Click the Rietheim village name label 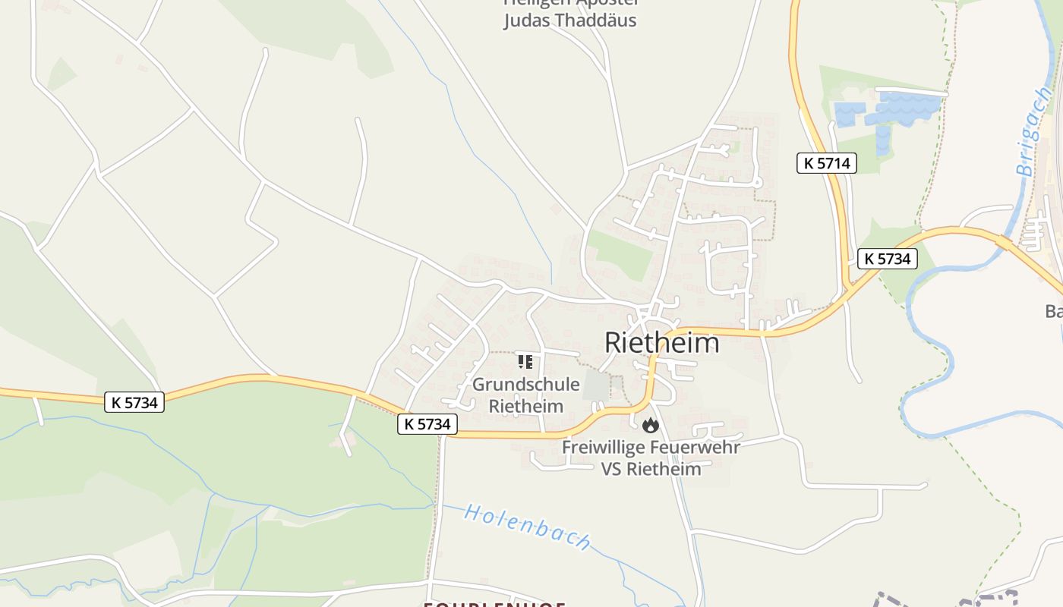point(661,342)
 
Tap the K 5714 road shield point(826,162)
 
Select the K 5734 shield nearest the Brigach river point(887,259)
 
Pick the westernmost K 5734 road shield point(134,402)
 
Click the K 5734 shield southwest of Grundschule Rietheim point(427,424)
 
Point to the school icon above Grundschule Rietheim point(525,362)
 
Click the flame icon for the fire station point(650,426)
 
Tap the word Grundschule point(525,385)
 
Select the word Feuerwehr point(695,447)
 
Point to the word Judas point(525,20)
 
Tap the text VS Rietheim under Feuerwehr point(651,469)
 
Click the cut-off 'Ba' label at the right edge point(1054,311)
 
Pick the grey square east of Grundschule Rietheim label point(596,387)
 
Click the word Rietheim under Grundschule point(525,406)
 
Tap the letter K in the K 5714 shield point(809,162)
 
